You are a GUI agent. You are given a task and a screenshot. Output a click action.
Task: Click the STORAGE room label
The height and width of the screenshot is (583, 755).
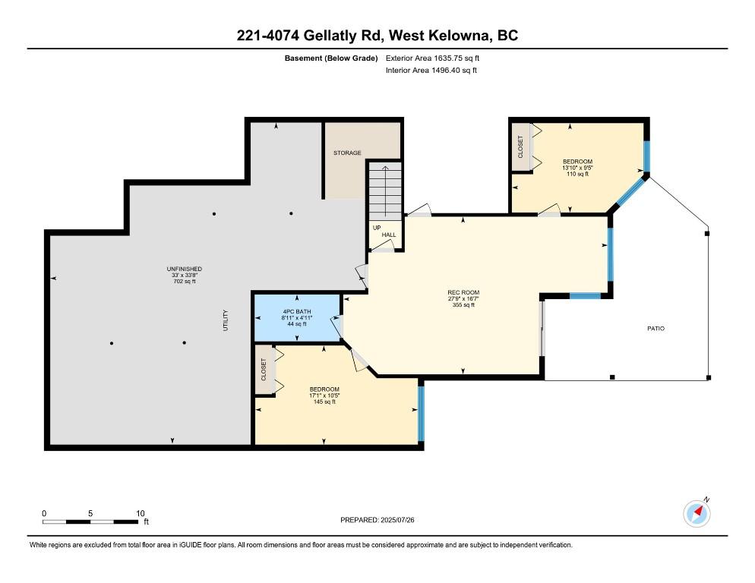(347, 153)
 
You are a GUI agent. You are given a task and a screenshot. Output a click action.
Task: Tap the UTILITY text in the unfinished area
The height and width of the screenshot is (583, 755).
(226, 320)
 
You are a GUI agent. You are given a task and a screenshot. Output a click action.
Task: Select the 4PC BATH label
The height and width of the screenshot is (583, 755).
(296, 311)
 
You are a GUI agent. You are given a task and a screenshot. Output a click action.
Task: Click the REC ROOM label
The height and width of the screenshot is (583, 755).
(463, 292)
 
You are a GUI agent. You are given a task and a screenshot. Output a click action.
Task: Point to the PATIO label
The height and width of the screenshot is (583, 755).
(655, 329)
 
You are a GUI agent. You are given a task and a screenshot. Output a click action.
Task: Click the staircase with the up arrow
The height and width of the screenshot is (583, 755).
(385, 191)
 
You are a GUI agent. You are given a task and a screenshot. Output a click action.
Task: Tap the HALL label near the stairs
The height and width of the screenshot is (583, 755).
(389, 235)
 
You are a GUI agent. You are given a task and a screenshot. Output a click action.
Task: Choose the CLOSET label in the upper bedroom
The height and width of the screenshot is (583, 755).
(520, 147)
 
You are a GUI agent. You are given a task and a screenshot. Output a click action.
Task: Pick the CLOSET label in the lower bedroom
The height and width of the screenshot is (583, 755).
(264, 369)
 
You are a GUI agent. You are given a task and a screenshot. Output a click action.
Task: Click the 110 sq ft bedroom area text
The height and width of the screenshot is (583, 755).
(577, 174)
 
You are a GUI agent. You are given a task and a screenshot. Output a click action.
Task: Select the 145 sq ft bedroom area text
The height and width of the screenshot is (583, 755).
(324, 402)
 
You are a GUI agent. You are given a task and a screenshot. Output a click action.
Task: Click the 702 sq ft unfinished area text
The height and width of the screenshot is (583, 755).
(185, 281)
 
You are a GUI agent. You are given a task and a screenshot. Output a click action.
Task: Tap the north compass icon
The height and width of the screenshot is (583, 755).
(697, 514)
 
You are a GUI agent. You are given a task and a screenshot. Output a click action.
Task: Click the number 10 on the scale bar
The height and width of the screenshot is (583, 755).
(140, 513)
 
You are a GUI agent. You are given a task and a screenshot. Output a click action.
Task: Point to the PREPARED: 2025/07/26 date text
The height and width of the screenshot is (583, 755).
(377, 520)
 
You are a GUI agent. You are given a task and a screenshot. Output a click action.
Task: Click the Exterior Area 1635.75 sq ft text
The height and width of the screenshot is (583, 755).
(432, 58)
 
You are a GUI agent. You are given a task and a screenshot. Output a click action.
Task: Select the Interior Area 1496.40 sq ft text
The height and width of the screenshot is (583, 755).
(431, 71)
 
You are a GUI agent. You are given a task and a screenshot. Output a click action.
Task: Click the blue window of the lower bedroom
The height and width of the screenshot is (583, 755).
(421, 414)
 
